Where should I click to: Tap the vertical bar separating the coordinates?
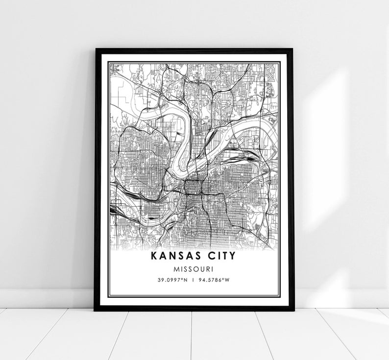pos(194,280)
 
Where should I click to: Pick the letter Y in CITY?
pos(232,256)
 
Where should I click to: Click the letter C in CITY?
pos(210,256)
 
